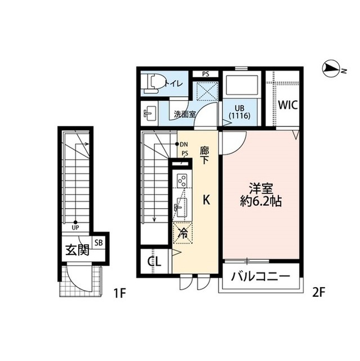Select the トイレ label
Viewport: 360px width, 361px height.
[x=174, y=84]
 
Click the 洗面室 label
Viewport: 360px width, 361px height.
[x=185, y=114]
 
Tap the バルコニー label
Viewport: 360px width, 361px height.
[x=260, y=277]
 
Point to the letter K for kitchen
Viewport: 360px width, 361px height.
[x=207, y=199]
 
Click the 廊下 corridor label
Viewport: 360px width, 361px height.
[x=205, y=155]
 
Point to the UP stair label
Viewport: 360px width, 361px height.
[x=75, y=228]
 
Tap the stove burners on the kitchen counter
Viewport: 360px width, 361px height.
[x=183, y=181]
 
